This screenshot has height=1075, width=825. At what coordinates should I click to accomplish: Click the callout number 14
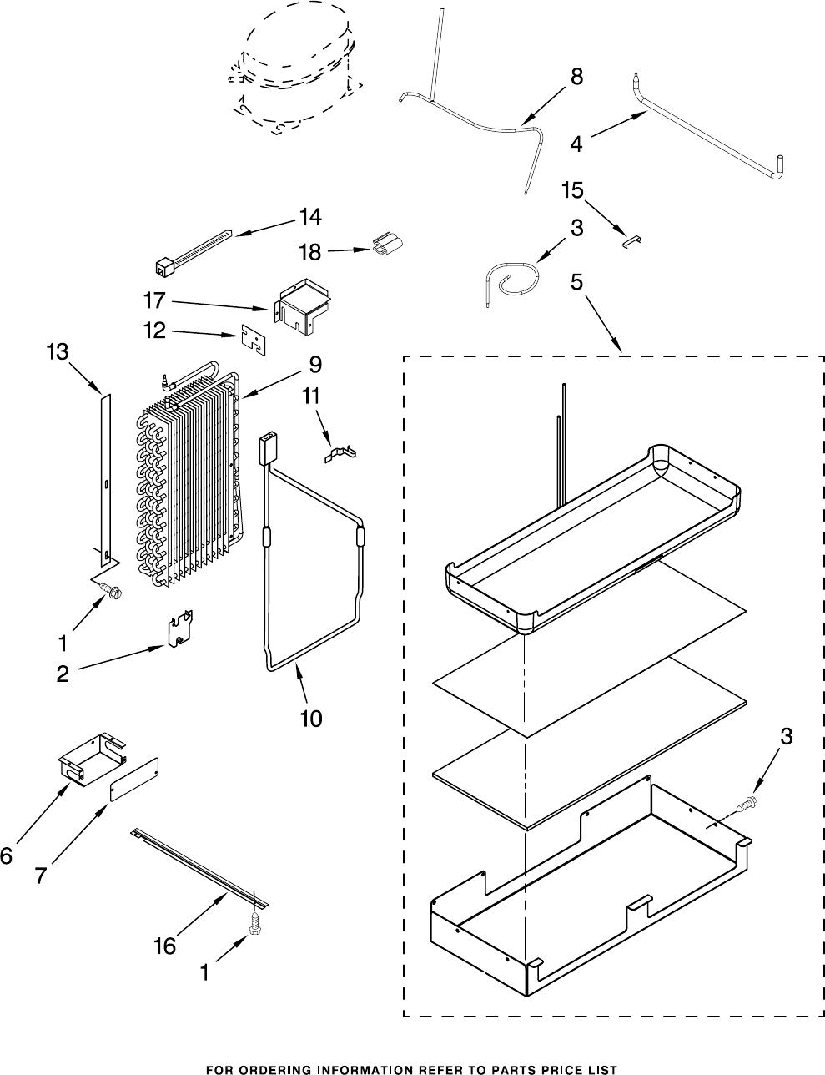(x=309, y=217)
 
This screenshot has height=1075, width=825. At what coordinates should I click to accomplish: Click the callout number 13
(x=57, y=353)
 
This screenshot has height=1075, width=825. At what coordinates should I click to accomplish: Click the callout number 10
(x=310, y=718)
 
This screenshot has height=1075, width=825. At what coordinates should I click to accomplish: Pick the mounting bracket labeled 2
(x=181, y=630)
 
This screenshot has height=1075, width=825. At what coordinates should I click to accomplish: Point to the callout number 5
(x=576, y=283)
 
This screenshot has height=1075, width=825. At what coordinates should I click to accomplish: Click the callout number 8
(x=576, y=76)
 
